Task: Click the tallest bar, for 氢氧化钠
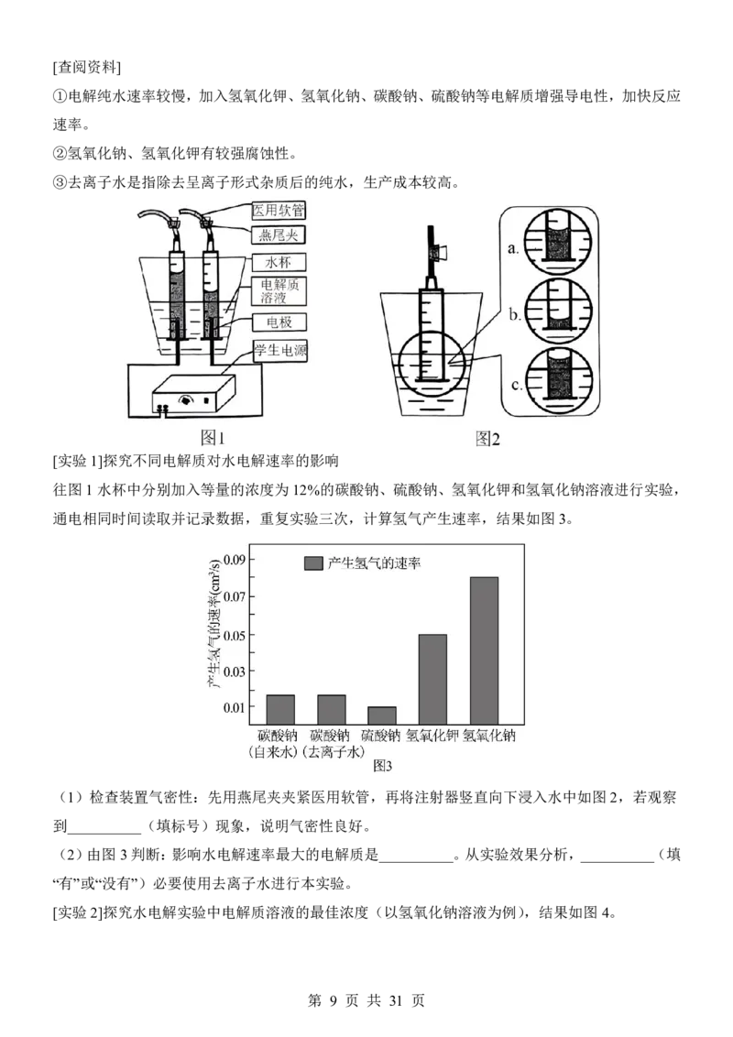(x=485, y=650)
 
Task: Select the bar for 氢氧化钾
(x=432, y=680)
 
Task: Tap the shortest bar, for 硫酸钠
(x=382, y=715)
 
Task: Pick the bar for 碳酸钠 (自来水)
(x=280, y=710)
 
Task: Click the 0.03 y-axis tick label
(x=235, y=671)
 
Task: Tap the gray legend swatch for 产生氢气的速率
(x=313, y=562)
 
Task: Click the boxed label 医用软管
(x=279, y=211)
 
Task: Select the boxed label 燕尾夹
(x=279, y=235)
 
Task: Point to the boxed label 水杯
(x=279, y=262)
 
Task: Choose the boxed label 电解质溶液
(x=279, y=291)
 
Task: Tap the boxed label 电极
(x=279, y=322)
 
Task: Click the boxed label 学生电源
(x=279, y=351)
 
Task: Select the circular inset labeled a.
(x=558, y=242)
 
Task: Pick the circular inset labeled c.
(x=558, y=380)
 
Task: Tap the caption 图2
(x=487, y=438)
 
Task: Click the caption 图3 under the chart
(x=382, y=766)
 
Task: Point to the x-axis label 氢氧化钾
(x=432, y=736)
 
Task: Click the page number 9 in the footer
(x=333, y=1000)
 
